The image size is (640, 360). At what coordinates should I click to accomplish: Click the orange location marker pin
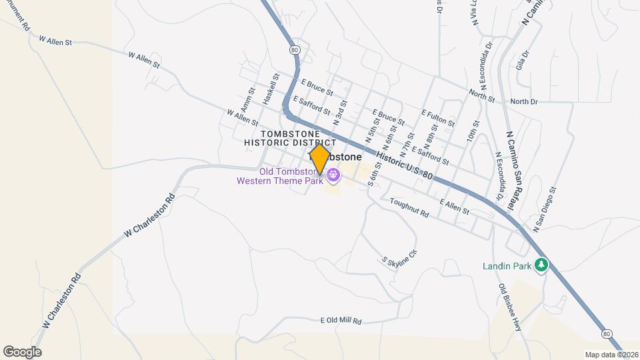(319, 159)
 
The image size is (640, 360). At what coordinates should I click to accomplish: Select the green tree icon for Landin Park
(542, 265)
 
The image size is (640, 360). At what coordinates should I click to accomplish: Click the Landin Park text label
(507, 266)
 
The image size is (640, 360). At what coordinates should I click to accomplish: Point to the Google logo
(22, 351)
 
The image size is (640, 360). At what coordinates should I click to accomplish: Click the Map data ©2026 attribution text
(611, 354)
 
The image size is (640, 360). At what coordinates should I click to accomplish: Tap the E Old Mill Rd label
(341, 321)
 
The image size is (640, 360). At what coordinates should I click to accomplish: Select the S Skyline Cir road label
(399, 259)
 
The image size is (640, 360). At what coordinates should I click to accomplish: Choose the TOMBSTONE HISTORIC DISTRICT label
(290, 138)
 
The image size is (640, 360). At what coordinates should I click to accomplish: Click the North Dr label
(523, 101)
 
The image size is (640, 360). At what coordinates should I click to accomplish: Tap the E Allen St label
(455, 207)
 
